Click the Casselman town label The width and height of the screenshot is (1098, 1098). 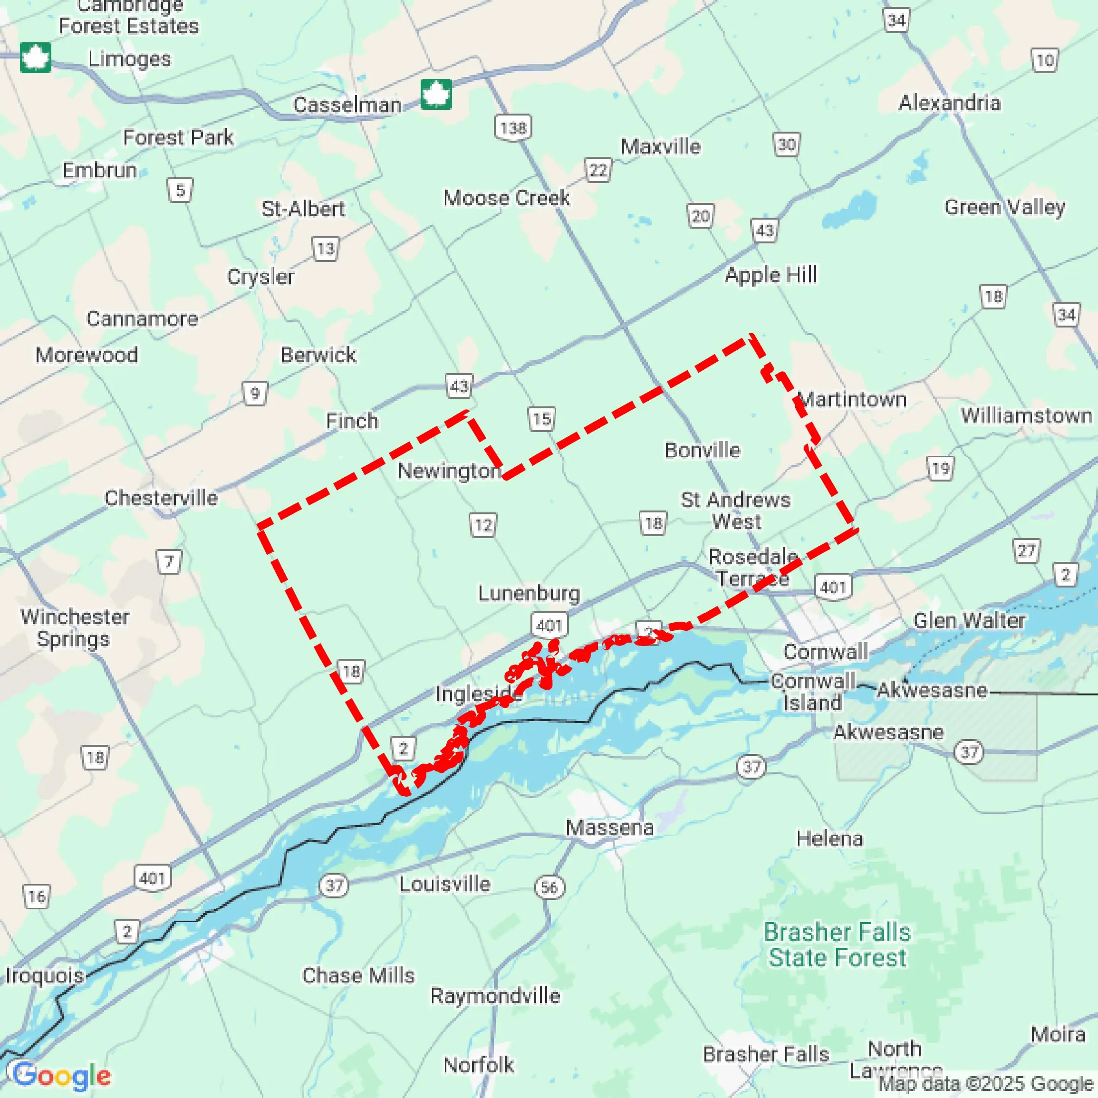tap(347, 105)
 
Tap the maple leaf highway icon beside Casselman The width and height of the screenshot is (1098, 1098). tap(436, 94)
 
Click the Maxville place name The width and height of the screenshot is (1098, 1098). tap(660, 146)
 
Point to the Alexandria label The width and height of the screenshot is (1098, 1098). tap(949, 103)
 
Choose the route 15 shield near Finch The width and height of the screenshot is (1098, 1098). tap(541, 419)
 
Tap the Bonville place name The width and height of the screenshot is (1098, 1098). tap(702, 450)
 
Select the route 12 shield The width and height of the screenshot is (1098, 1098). tap(482, 525)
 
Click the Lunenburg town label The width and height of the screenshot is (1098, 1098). tap(529, 593)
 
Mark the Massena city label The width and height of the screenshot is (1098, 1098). tap(609, 828)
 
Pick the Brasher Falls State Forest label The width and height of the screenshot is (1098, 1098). tap(837, 944)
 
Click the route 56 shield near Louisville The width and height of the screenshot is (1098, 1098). tap(549, 887)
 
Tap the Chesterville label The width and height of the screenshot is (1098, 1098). tap(161, 498)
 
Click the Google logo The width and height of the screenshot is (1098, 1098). tap(61, 1075)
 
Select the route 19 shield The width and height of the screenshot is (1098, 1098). tap(941, 468)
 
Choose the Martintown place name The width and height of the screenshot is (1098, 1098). tap(852, 400)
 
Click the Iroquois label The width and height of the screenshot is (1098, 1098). tap(44, 975)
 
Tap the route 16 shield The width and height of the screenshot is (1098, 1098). tap(37, 897)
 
